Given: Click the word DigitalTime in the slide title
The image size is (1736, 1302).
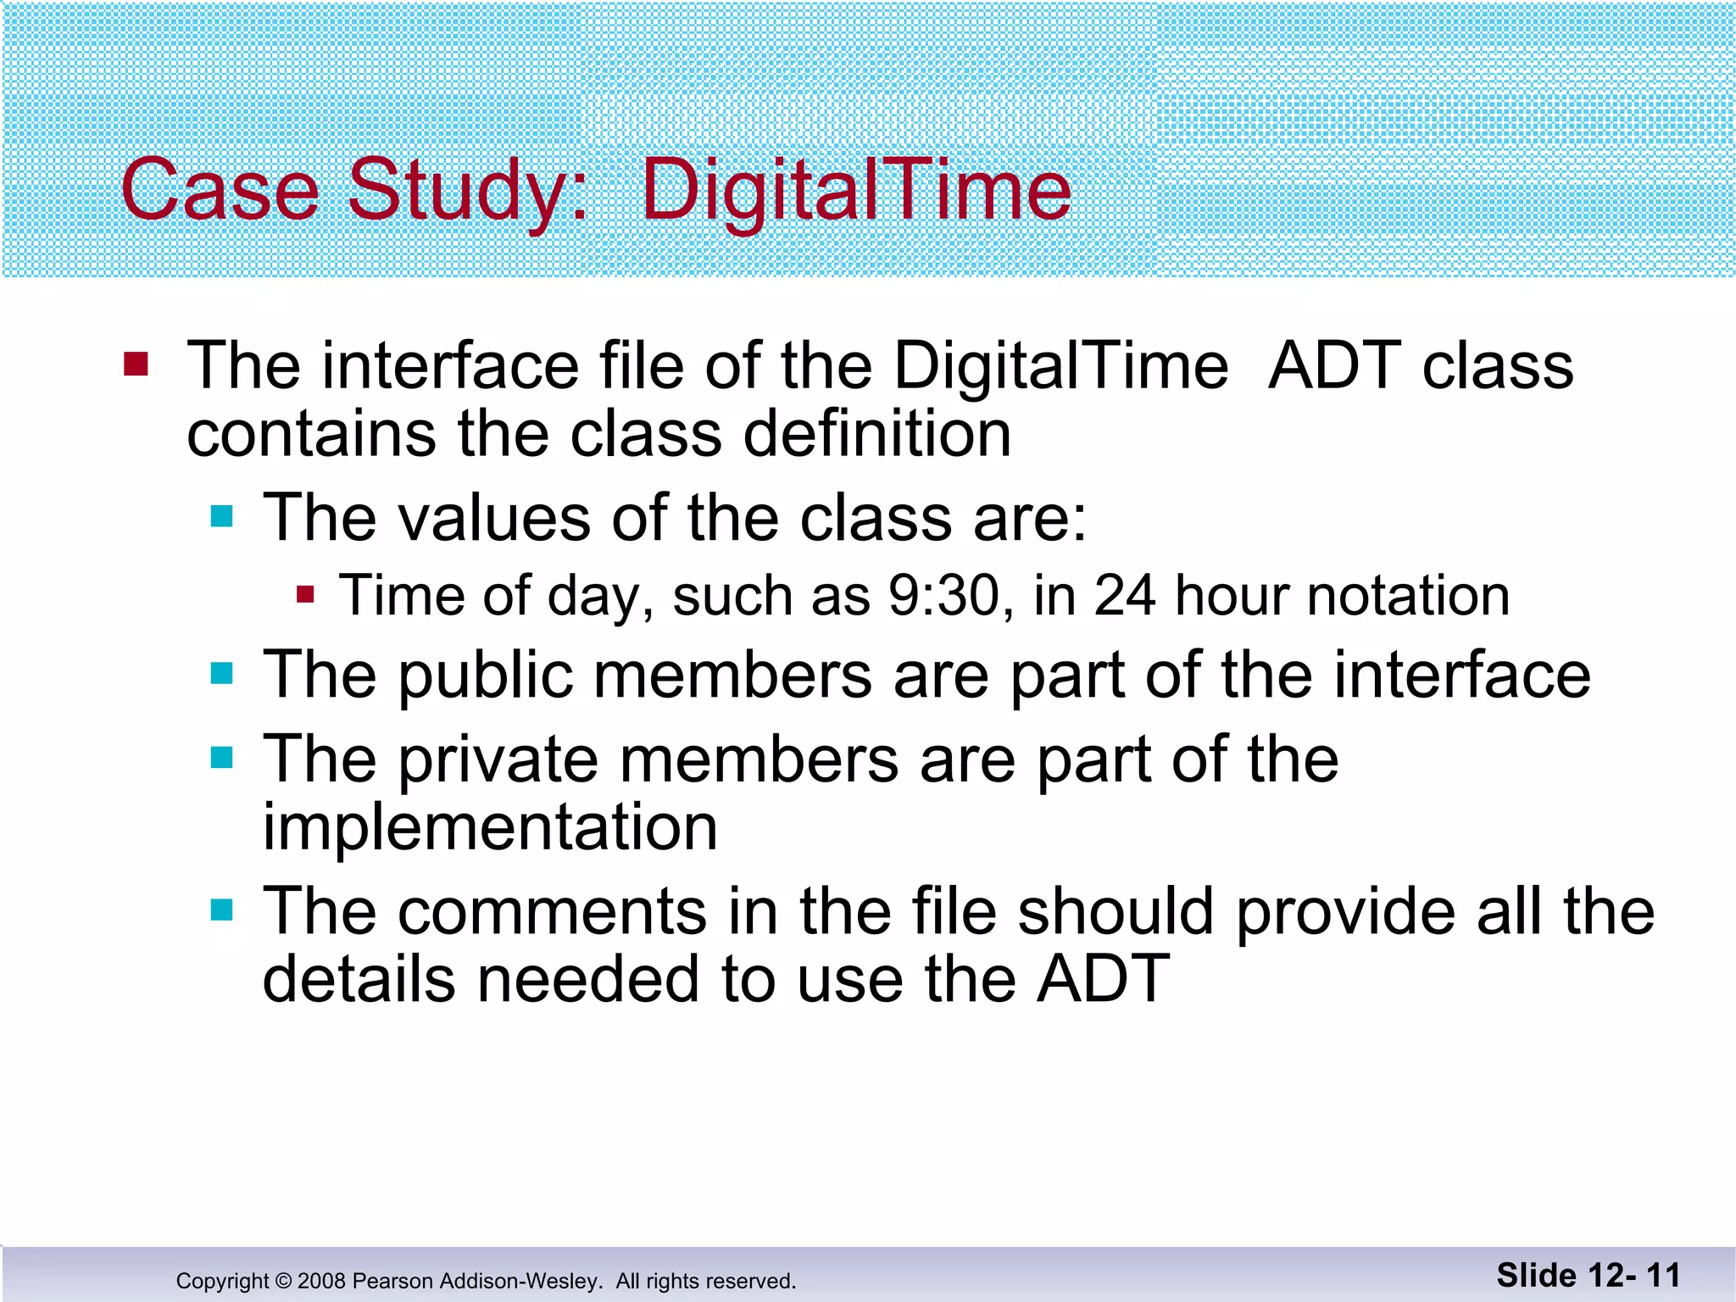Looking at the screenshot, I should click(856, 191).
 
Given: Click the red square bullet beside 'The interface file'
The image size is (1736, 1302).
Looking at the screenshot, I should click(136, 364).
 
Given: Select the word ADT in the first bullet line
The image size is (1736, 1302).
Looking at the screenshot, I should click(1334, 366).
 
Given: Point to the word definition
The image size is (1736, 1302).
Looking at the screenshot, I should click(876, 434).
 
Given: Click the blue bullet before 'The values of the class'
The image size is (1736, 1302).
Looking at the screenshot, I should click(221, 516).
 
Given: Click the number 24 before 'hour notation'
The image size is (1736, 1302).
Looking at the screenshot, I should click(1124, 595).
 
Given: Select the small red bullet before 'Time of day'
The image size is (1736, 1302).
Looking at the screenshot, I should click(305, 594).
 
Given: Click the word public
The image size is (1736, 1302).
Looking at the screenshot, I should click(487, 676).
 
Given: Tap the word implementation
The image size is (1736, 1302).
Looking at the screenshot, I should click(490, 827).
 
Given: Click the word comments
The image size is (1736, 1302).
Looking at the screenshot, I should click(553, 912).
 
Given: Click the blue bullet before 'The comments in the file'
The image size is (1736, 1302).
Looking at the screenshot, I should click(221, 911).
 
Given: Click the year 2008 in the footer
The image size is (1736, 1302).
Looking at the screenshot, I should click(322, 1281).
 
